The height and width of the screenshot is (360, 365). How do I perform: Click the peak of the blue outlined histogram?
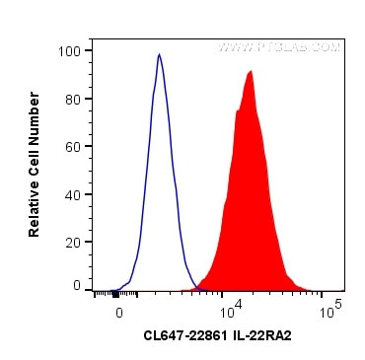click(159, 55)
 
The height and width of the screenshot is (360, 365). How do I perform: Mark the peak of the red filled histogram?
click(252, 71)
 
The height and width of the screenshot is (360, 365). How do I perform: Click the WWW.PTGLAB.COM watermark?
click(279, 46)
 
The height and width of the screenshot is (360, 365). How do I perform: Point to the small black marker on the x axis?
click(116, 293)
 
